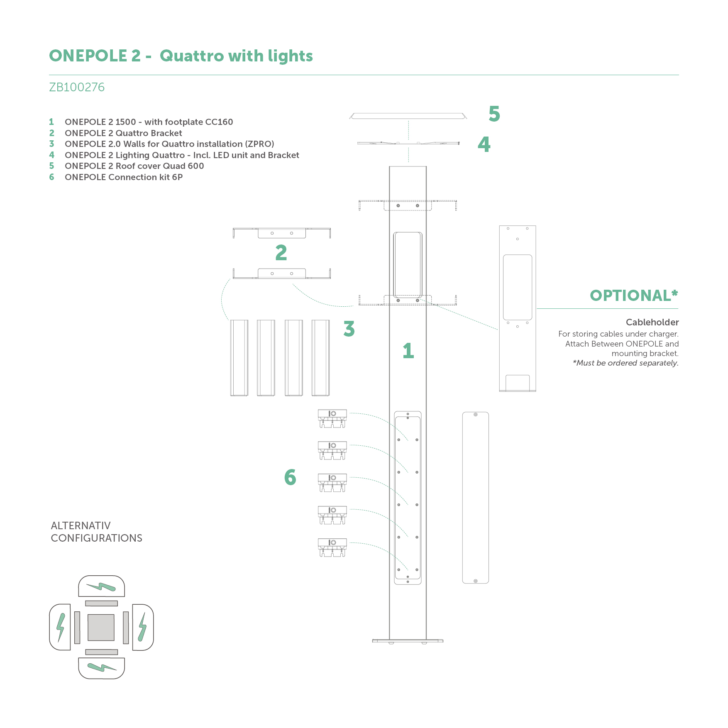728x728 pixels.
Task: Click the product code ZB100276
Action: (x=77, y=87)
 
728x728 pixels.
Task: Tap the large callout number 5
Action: (x=494, y=114)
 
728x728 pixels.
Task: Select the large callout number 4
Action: (x=484, y=144)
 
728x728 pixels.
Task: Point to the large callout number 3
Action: (x=349, y=329)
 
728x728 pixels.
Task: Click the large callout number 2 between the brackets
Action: (x=281, y=253)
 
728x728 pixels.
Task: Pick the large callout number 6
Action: (x=290, y=477)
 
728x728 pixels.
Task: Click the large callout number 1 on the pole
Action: (x=408, y=351)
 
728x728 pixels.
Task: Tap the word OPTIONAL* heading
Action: (x=633, y=296)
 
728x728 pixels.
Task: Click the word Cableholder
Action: (x=652, y=322)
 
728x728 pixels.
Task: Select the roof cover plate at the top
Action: (x=408, y=116)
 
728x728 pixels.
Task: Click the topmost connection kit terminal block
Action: (x=332, y=418)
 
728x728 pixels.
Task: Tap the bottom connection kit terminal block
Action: (x=332, y=547)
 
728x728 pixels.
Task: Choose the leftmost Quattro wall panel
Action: (x=239, y=358)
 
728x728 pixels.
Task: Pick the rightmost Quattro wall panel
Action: (x=320, y=358)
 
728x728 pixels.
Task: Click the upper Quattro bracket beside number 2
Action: (x=282, y=233)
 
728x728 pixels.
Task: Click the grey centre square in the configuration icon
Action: (x=101, y=627)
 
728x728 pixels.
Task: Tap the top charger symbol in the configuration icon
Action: (x=101, y=586)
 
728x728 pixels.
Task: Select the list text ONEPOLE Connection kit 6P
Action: (x=124, y=177)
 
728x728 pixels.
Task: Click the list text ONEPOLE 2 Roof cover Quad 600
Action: (x=134, y=166)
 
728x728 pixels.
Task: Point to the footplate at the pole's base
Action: (x=408, y=641)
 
